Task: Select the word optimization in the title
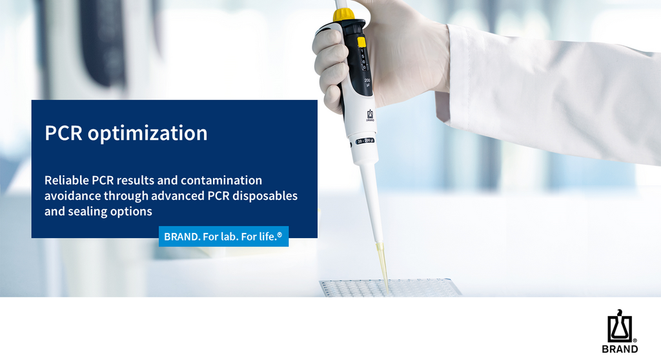click(x=148, y=134)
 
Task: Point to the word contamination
click(x=221, y=180)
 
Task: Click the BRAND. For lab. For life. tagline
click(x=223, y=237)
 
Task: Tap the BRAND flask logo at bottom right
click(x=620, y=326)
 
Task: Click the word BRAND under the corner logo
click(x=620, y=349)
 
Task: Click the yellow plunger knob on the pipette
click(x=343, y=14)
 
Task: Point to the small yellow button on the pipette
click(x=361, y=42)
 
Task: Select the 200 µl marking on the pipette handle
click(x=367, y=82)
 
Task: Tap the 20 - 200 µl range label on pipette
click(x=365, y=141)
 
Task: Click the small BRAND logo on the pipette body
click(x=370, y=115)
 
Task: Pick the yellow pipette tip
click(x=382, y=266)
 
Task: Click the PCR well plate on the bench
click(x=390, y=287)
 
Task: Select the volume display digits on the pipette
click(x=363, y=59)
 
